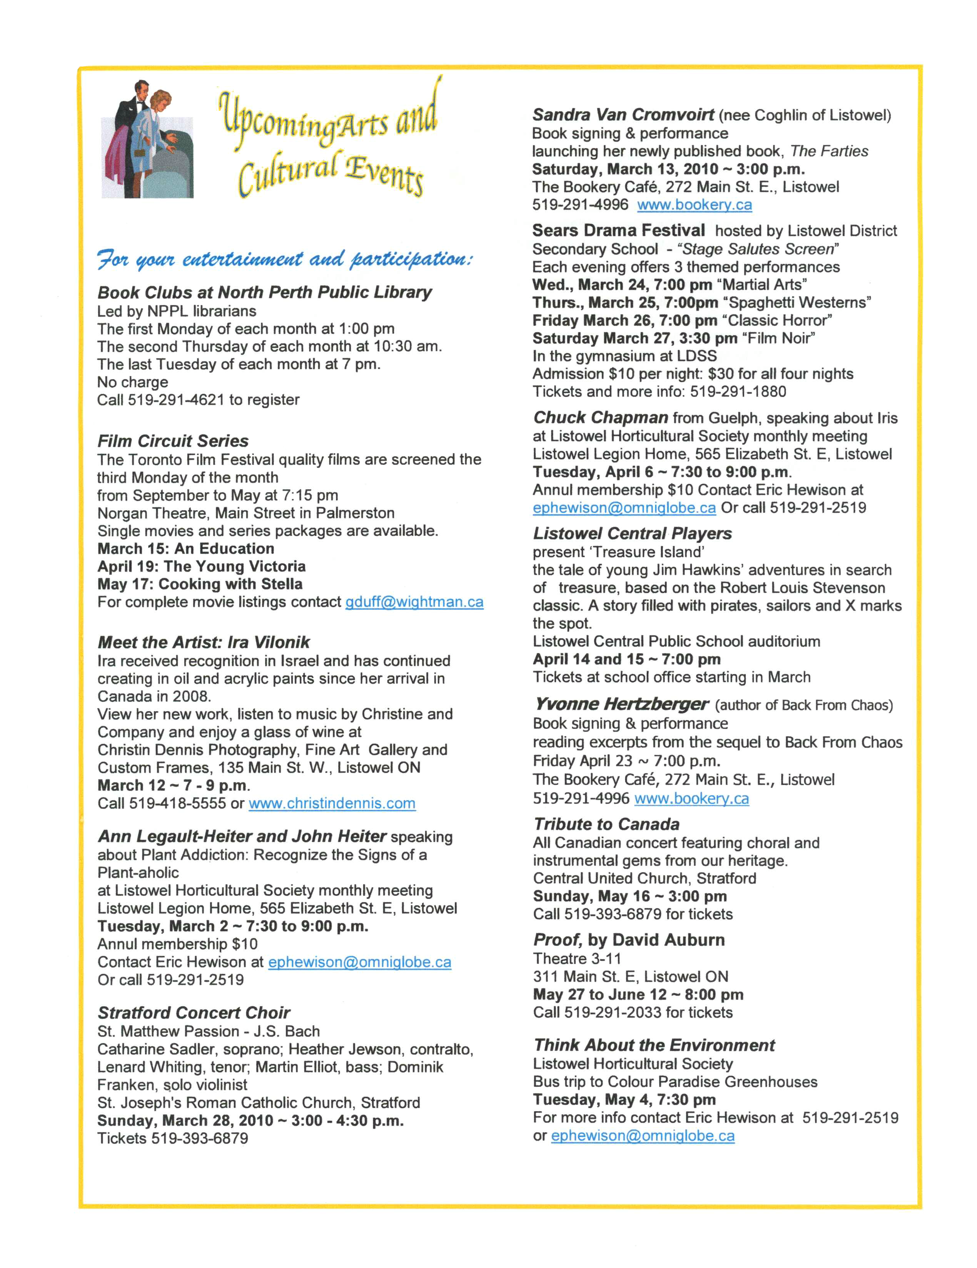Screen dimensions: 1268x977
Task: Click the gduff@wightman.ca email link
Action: click(414, 602)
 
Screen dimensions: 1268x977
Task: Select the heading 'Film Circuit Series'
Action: click(173, 441)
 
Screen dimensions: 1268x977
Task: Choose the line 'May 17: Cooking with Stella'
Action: click(200, 584)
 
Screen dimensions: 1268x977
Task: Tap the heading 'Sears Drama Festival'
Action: click(619, 231)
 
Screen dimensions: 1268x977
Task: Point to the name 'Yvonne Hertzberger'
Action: click(621, 705)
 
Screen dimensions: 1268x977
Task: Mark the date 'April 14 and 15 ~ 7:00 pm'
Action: click(626, 659)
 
